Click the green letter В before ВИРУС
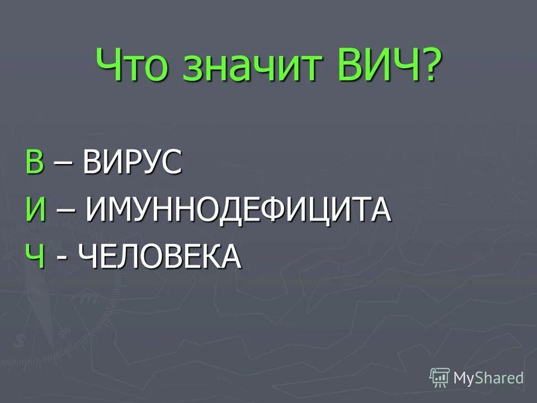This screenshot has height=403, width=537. pyautogui.click(x=34, y=162)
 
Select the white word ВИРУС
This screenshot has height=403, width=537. pyautogui.click(x=133, y=162)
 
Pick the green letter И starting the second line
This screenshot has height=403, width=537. pyautogui.click(x=35, y=210)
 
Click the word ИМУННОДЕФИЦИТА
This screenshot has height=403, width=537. pyautogui.click(x=238, y=210)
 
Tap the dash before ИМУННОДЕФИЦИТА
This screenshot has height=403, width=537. pyautogui.click(x=66, y=211)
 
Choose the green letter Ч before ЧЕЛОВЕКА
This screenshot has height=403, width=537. pyautogui.click(x=34, y=257)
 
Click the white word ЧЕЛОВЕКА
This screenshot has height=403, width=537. pyautogui.click(x=160, y=257)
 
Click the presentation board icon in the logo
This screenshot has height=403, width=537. pyautogui.click(x=440, y=378)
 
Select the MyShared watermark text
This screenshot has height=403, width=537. pyautogui.click(x=488, y=378)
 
